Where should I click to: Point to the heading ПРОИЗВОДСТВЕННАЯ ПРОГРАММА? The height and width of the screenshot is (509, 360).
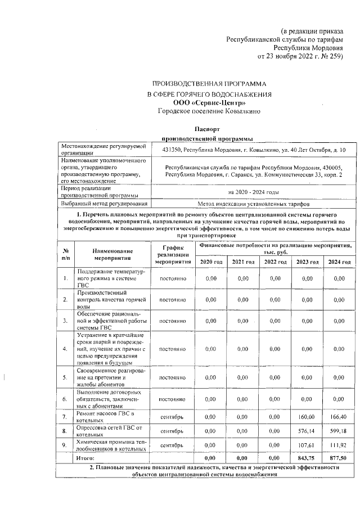[201, 83]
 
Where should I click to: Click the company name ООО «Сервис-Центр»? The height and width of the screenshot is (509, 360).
[201, 103]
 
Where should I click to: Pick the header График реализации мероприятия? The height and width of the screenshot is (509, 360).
[173, 254]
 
